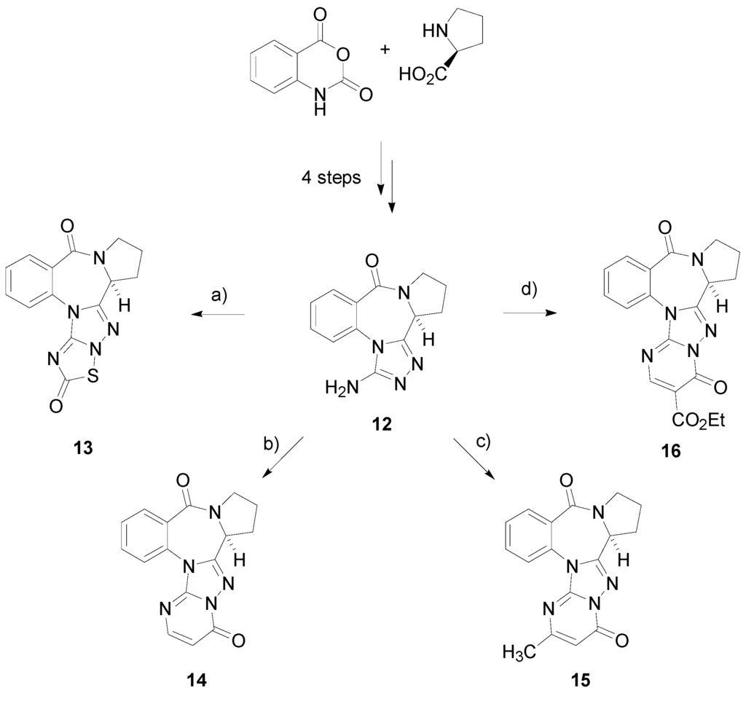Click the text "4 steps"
click(331, 179)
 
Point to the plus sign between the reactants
click(377, 55)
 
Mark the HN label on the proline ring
click(431, 31)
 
